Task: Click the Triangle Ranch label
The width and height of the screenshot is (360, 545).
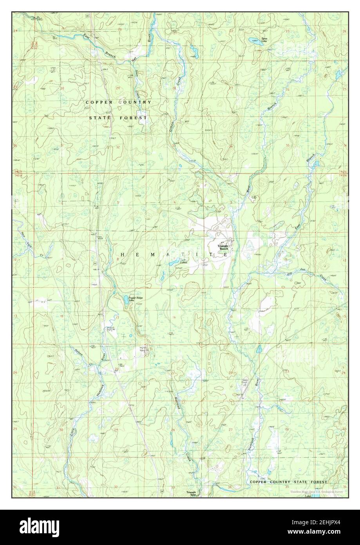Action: point(224,247)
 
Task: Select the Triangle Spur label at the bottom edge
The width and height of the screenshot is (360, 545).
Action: point(191,493)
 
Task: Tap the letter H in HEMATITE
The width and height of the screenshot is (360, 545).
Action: point(122,254)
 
